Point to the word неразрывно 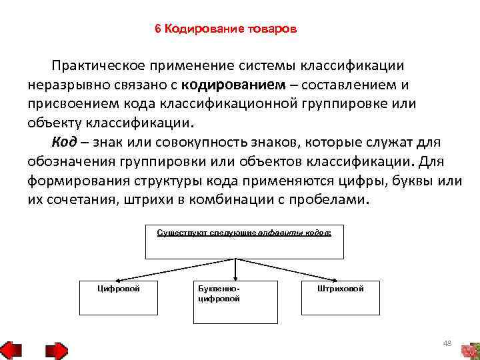click(x=67, y=86)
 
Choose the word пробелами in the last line click(x=331, y=199)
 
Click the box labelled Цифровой click(x=119, y=297)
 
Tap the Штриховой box click(x=341, y=297)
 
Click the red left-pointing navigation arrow click(x=12, y=349)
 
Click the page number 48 click(x=447, y=343)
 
